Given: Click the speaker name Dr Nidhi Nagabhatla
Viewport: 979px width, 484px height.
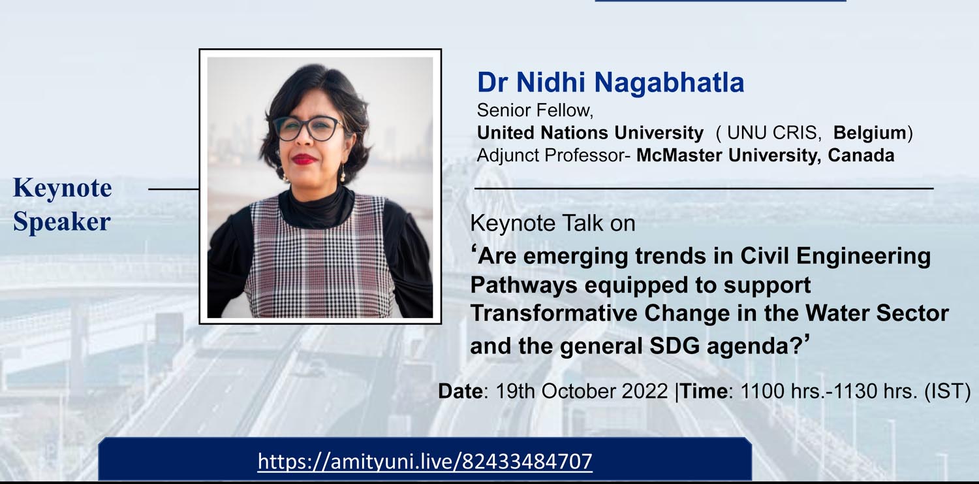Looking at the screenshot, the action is (x=610, y=82).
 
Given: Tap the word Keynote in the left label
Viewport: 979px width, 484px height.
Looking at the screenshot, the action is (x=63, y=189).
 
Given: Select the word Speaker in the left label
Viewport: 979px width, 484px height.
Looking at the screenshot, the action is (x=61, y=221).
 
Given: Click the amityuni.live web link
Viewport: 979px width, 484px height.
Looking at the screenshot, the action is (x=425, y=461).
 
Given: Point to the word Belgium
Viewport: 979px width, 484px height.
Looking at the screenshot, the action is (x=870, y=133).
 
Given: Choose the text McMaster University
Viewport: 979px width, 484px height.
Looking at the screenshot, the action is (x=726, y=155).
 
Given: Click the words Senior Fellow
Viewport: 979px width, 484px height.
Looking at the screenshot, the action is (x=535, y=110).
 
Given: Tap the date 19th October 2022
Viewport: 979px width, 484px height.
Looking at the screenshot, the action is (x=582, y=391).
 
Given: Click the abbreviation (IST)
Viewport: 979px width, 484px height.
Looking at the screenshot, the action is (x=947, y=391).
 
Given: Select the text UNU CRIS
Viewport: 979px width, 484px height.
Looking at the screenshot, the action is (x=772, y=133).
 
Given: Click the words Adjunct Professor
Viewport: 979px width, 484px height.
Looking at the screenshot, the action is (x=551, y=155).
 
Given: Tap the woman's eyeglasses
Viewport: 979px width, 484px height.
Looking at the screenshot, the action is (x=309, y=128).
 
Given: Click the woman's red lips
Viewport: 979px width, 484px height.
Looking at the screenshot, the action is (x=305, y=159).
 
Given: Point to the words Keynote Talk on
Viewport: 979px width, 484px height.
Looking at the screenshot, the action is (x=552, y=223).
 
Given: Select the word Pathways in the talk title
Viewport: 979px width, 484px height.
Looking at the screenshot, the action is (x=524, y=285).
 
